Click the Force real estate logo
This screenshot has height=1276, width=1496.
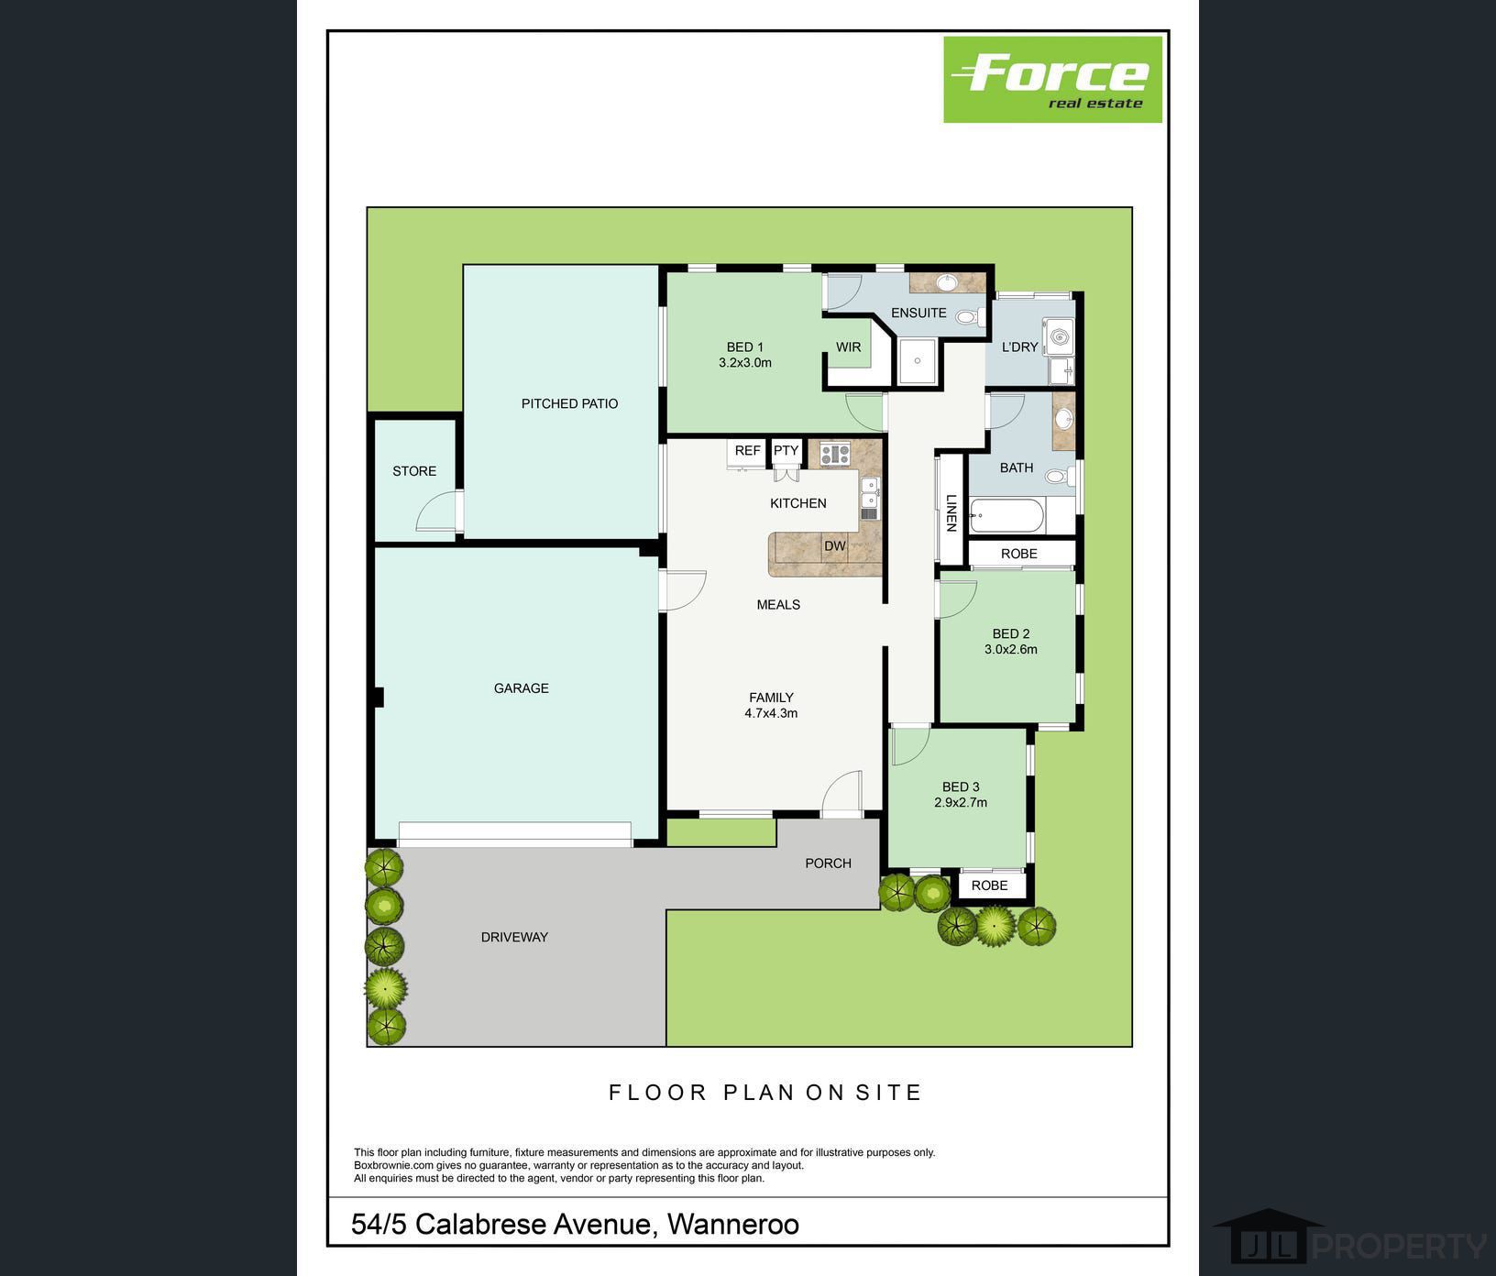(x=1052, y=79)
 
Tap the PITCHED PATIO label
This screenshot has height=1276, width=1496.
(x=569, y=403)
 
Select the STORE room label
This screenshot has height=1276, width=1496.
(x=414, y=471)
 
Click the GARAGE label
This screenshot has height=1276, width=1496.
(x=522, y=688)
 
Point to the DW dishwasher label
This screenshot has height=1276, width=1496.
(x=835, y=546)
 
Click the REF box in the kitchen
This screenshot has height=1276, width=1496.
(x=747, y=451)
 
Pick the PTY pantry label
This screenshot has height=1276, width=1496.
(x=786, y=451)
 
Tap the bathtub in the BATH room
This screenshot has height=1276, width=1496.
(x=1006, y=517)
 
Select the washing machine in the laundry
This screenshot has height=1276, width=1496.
(x=1060, y=336)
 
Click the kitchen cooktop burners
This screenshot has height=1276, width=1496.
(x=835, y=453)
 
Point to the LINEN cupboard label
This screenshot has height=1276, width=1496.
(x=951, y=513)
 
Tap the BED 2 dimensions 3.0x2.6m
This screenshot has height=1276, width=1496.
(x=1011, y=650)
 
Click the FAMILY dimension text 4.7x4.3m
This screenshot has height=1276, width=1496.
(x=771, y=713)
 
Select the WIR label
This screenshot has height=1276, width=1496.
(x=848, y=347)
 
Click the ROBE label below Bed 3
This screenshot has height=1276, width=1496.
(x=989, y=885)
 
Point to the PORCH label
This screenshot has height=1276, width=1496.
(x=828, y=863)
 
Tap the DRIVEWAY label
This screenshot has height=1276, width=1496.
(x=514, y=937)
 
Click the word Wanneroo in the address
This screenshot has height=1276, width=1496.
(x=732, y=1225)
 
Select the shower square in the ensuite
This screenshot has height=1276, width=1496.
(x=917, y=361)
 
